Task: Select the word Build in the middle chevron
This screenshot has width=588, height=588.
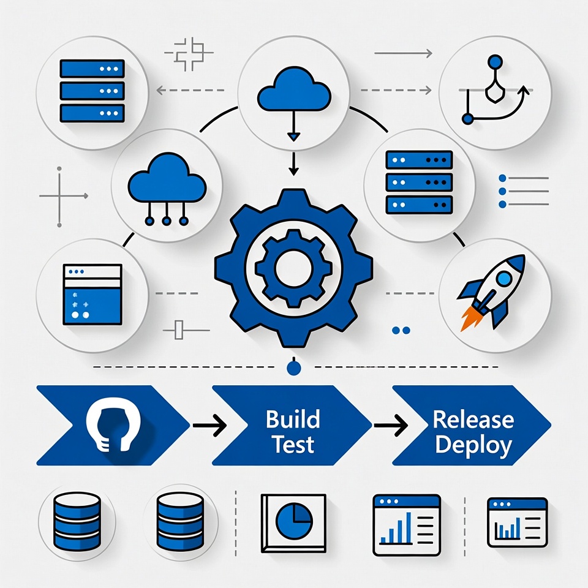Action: click(x=293, y=420)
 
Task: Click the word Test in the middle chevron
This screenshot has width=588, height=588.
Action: click(x=293, y=445)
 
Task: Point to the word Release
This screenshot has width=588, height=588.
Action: click(x=473, y=420)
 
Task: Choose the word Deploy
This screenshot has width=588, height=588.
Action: click(x=473, y=445)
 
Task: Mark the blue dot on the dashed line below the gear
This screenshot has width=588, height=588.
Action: click(x=294, y=367)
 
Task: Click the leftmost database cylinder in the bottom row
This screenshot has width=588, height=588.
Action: click(x=77, y=522)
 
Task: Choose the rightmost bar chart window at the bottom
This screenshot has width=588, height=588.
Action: click(x=517, y=522)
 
